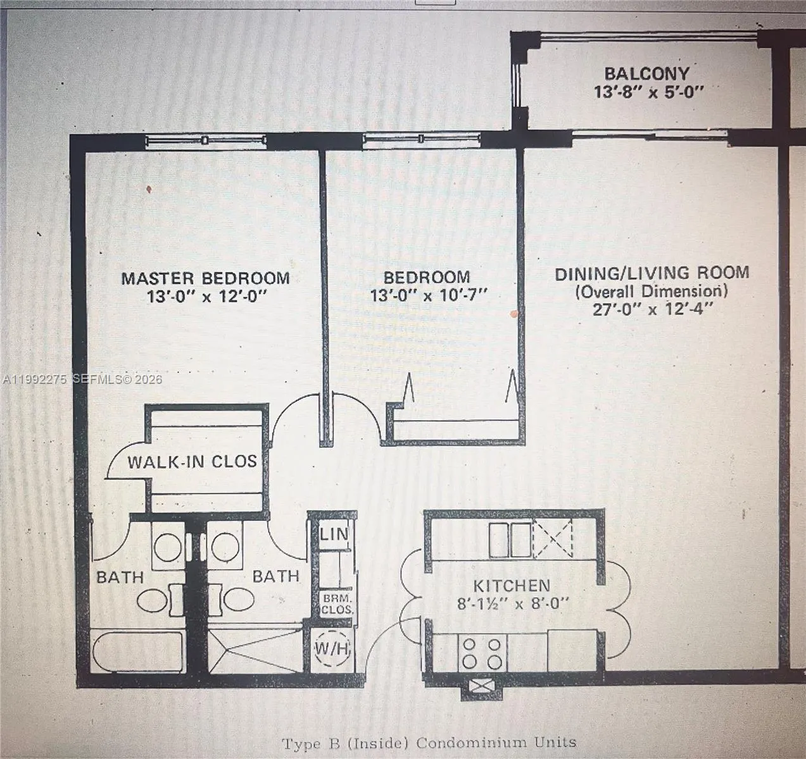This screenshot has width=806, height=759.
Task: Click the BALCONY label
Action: point(646,73)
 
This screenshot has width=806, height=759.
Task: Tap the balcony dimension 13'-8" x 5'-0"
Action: point(648,92)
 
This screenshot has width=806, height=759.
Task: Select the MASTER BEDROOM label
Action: point(205,278)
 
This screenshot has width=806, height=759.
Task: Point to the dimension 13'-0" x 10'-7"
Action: point(429,295)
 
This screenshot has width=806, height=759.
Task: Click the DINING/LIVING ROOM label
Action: point(652,273)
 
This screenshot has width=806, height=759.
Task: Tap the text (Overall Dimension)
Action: point(652,291)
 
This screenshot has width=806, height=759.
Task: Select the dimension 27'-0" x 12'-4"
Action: point(652,309)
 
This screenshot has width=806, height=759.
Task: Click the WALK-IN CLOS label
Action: point(192,462)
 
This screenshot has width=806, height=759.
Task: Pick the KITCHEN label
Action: point(512,585)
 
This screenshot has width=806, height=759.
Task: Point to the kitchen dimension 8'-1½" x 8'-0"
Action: point(513,603)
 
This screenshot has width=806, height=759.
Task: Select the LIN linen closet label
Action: point(334,534)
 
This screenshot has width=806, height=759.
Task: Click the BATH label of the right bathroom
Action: point(275,576)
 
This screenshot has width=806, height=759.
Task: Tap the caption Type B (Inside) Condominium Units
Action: point(429,743)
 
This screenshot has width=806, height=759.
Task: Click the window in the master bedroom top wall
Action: point(204,140)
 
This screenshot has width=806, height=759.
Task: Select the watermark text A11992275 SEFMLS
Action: point(82,379)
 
